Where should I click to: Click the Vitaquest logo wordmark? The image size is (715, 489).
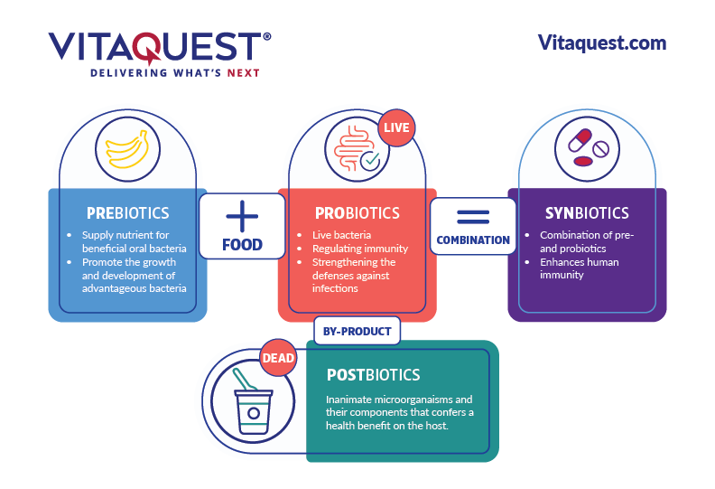click(x=160, y=47)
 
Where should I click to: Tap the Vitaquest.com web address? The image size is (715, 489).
click(x=602, y=42)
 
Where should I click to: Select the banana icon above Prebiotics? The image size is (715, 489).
click(x=127, y=149)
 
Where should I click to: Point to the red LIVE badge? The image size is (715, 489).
click(x=396, y=127)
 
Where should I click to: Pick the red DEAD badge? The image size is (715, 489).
click(x=278, y=358)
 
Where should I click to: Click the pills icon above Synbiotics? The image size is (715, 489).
click(x=588, y=148)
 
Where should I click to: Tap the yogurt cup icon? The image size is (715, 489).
click(x=253, y=401)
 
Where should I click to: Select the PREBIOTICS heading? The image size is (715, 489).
click(x=127, y=213)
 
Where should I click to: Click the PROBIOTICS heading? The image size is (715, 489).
click(x=357, y=213)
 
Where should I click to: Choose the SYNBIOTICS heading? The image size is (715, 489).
click(x=587, y=213)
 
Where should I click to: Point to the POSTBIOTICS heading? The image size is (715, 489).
click(x=374, y=375)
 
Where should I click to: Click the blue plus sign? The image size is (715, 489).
click(x=242, y=216)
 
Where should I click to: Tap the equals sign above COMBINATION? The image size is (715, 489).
click(x=473, y=217)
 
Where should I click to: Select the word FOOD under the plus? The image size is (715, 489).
click(x=242, y=245)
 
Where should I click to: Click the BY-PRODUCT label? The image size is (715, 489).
click(x=357, y=332)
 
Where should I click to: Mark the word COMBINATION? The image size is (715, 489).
click(x=473, y=240)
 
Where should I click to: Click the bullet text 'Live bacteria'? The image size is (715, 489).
click(x=341, y=235)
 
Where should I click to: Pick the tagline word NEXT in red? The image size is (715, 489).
click(x=244, y=73)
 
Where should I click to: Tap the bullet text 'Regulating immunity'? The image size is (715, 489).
click(x=360, y=249)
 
